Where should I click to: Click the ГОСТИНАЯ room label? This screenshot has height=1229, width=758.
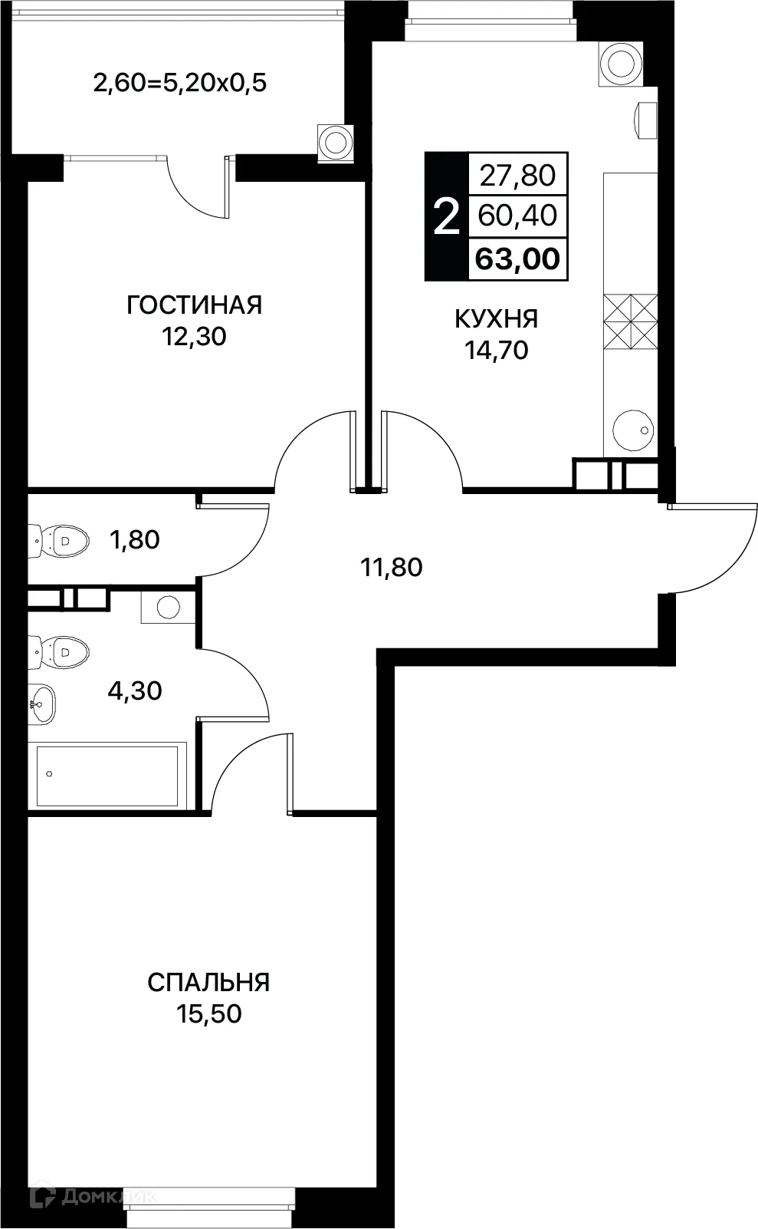194,305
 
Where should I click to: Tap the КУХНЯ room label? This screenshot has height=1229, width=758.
496,318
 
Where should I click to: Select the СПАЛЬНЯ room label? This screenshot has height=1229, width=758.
208,982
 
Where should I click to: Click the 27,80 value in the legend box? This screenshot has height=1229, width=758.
517,176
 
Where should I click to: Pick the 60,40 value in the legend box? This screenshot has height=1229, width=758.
517,216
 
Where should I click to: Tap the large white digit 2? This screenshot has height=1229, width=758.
446,217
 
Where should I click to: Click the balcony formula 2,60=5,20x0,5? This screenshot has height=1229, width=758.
179,82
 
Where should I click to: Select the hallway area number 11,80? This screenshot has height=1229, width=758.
391,568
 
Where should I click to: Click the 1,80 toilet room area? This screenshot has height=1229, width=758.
135,540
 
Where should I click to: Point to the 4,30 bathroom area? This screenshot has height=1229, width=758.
135,690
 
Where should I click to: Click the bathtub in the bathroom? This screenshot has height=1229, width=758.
107,774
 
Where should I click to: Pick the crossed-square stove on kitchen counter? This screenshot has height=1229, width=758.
630,321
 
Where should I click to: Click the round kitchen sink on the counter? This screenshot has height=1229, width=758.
634,430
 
